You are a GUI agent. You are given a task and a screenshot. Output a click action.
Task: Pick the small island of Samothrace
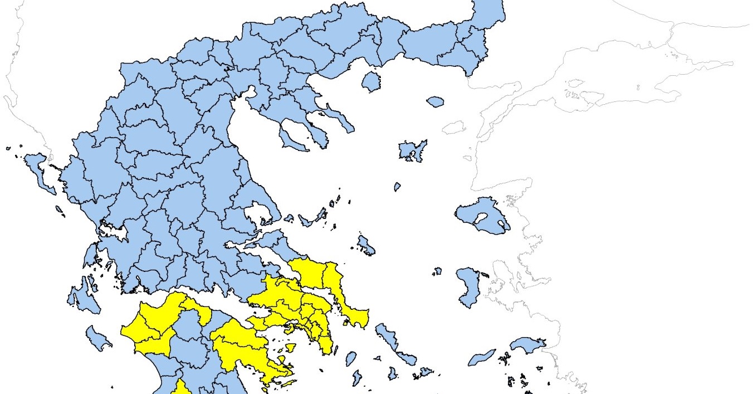(435, 102)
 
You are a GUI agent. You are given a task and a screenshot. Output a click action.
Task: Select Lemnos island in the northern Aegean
(413, 150)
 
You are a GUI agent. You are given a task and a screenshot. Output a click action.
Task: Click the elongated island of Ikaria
(482, 357)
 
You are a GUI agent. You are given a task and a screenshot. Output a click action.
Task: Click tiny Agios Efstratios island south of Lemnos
(397, 187)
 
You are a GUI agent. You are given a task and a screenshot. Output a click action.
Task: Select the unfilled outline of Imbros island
(454, 128)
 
